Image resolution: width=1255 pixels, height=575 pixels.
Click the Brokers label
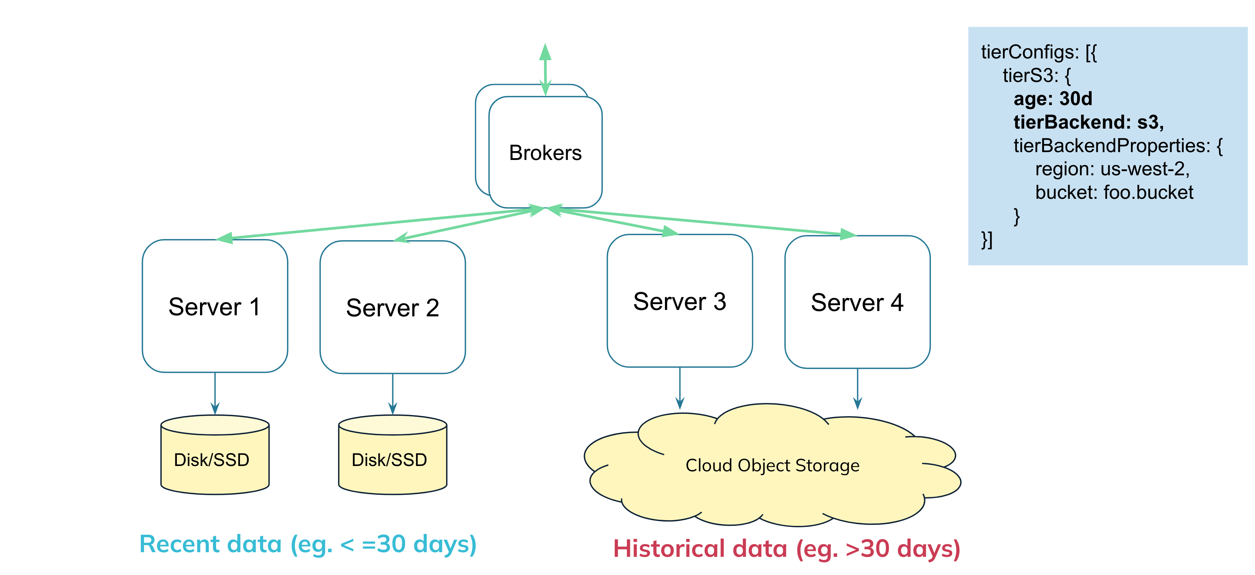click(545, 153)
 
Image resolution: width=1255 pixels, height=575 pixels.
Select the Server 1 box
click(215, 306)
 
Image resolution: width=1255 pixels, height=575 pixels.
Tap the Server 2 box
click(393, 308)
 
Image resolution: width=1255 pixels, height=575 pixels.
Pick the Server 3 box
click(680, 301)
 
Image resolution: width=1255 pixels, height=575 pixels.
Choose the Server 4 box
click(857, 302)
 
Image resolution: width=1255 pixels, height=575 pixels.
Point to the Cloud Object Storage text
click(772, 466)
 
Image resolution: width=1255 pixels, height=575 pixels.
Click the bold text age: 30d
click(1053, 99)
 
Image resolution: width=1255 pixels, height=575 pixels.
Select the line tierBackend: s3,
click(1088, 122)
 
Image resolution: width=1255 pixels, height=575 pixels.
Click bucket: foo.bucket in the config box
click(1114, 192)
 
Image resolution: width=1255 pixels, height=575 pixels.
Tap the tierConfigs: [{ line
click(1039, 52)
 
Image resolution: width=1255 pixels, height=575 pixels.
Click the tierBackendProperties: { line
click(1118, 146)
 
